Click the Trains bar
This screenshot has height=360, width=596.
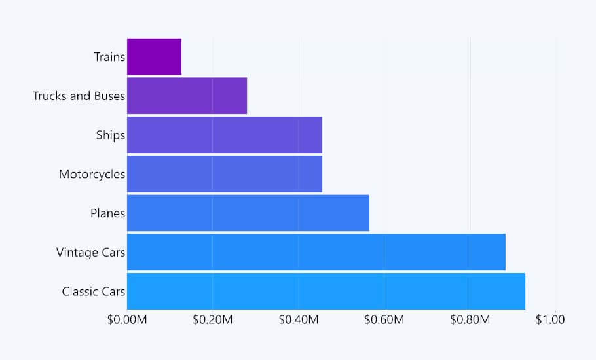pos(154,57)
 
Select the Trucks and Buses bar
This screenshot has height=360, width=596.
pos(187,96)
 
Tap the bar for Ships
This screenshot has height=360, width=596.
pos(224,135)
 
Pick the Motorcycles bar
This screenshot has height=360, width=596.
pos(224,173)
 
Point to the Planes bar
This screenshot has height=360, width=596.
pos(248,213)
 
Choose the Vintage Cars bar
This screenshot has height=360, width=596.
pos(316,251)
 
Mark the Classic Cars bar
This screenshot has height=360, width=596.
pos(326,291)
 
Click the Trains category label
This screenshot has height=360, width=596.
pos(109,57)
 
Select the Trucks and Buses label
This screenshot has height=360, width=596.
pos(79,96)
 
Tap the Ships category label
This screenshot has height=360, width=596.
pos(110,135)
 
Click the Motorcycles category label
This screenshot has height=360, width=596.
pos(92,174)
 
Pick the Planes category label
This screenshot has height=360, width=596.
pos(107,213)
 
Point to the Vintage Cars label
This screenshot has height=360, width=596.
pos(90,252)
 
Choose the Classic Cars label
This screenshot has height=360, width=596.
pos(93,291)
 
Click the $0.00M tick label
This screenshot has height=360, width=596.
pos(127,320)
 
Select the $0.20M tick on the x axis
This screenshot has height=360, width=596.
pos(212,320)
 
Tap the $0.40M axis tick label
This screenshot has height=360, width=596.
pos(298,320)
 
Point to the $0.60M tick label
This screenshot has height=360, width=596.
pos(384,320)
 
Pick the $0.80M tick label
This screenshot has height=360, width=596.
pos(470,320)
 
